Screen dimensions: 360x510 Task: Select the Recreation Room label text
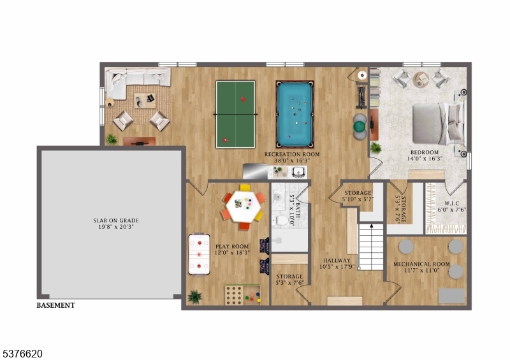click(293, 155)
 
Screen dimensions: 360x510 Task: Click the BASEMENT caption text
click(55, 305)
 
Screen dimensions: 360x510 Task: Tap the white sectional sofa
click(136, 80)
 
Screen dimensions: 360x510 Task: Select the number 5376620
click(22, 352)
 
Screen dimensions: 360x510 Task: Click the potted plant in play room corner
click(194, 296)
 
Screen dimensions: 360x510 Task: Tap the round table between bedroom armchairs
click(421, 80)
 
